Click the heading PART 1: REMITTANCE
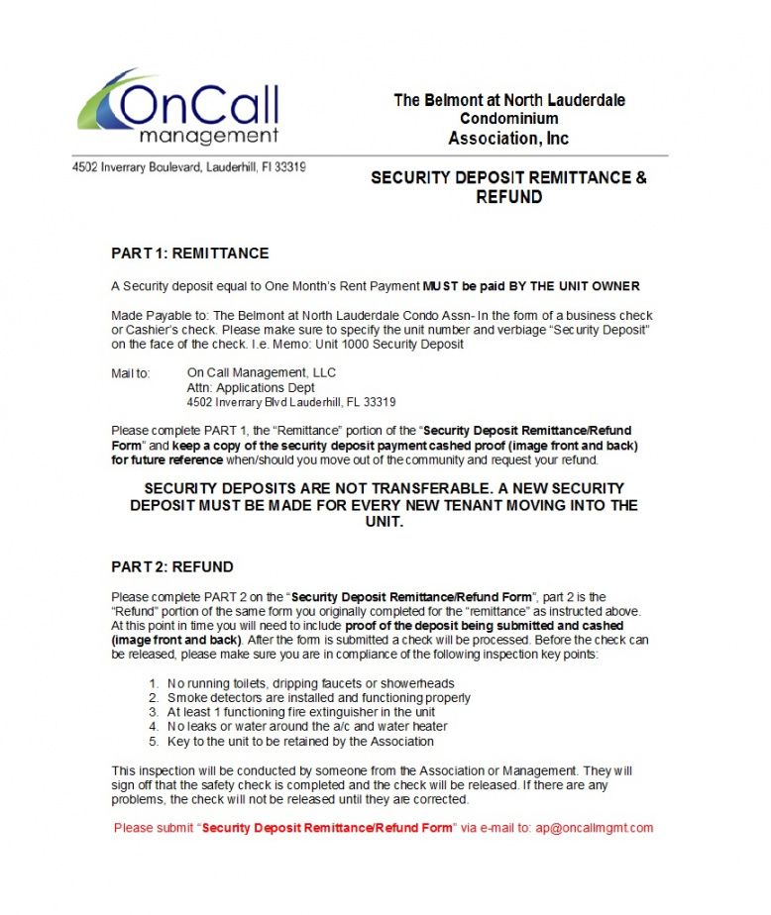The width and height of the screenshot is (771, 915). click(189, 254)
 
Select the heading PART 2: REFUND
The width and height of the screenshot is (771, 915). click(172, 567)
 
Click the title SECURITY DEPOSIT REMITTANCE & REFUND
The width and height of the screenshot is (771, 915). click(508, 187)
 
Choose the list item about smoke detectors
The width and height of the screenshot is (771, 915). click(318, 697)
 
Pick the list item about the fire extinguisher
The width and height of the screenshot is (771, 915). click(301, 712)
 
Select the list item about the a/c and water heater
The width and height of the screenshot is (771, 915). click(307, 726)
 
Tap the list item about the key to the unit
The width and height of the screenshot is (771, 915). click(300, 741)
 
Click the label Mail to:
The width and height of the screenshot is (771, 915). click(131, 373)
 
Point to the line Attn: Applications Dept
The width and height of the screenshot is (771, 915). click(251, 388)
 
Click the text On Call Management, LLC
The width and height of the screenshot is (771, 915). click(262, 373)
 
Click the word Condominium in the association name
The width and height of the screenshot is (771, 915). click(508, 119)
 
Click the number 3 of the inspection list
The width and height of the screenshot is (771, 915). click(154, 712)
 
